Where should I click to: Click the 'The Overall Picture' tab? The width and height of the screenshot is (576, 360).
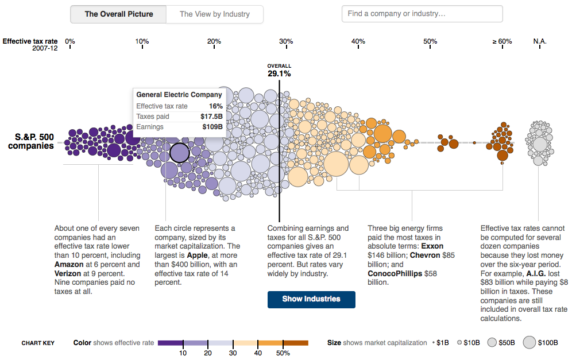(119, 14)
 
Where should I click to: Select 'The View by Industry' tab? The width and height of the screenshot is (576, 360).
(215, 14)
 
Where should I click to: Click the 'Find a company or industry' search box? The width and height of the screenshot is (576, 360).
(422, 14)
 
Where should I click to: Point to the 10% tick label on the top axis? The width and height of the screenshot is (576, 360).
(142, 41)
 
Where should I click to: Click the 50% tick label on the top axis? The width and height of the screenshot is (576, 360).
(430, 41)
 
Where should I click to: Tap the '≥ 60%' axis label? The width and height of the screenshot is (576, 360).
(501, 41)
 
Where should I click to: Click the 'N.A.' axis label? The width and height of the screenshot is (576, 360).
(540, 41)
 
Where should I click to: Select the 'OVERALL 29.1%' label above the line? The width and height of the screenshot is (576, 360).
(279, 70)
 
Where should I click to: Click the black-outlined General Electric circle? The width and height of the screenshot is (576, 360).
(179, 153)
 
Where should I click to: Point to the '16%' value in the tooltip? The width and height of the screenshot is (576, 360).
(215, 106)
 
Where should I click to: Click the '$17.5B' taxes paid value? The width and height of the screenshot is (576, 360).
(211, 117)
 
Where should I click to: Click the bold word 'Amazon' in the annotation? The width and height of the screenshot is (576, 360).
(69, 265)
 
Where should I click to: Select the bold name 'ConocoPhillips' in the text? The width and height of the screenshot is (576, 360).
(395, 273)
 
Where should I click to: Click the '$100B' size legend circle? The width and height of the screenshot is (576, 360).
(529, 343)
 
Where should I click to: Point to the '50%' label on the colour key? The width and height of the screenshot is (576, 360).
(283, 353)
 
